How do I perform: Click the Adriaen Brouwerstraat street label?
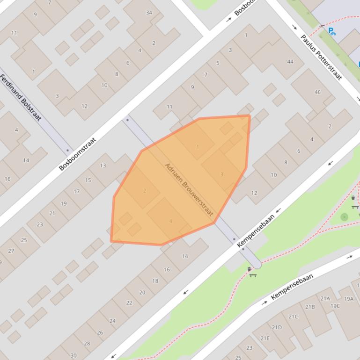(x=189, y=189)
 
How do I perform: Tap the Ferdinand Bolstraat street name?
(x=22, y=97)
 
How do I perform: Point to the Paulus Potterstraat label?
(x=321, y=57)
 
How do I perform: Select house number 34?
(x=149, y=13)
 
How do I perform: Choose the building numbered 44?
(x=290, y=62)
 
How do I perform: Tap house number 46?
(x=317, y=92)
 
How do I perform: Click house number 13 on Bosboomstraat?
(x=103, y=166)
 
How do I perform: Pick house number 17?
(x=76, y=191)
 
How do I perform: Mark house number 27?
(x=11, y=251)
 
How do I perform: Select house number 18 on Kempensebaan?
(x=155, y=281)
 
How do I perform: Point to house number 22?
(x=129, y=302)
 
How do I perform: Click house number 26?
(x=100, y=332)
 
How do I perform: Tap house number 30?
(x=73, y=355)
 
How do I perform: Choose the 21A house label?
(x=325, y=298)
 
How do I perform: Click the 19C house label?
(x=335, y=306)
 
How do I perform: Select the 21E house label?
(x=265, y=338)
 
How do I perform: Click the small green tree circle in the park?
(x=345, y=217)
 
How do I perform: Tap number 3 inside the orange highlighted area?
(x=221, y=174)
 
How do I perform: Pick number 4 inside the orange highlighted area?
(x=170, y=221)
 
